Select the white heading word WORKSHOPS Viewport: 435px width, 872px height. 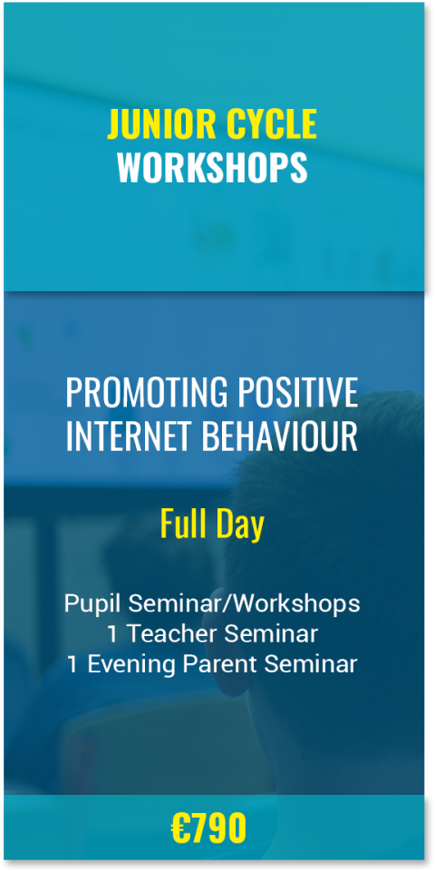(212, 167)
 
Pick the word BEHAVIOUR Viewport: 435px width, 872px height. (280, 436)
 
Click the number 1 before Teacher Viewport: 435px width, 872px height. (112, 634)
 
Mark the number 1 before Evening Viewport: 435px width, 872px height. (72, 664)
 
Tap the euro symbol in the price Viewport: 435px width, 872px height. (181, 828)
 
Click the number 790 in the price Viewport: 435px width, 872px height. (220, 828)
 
